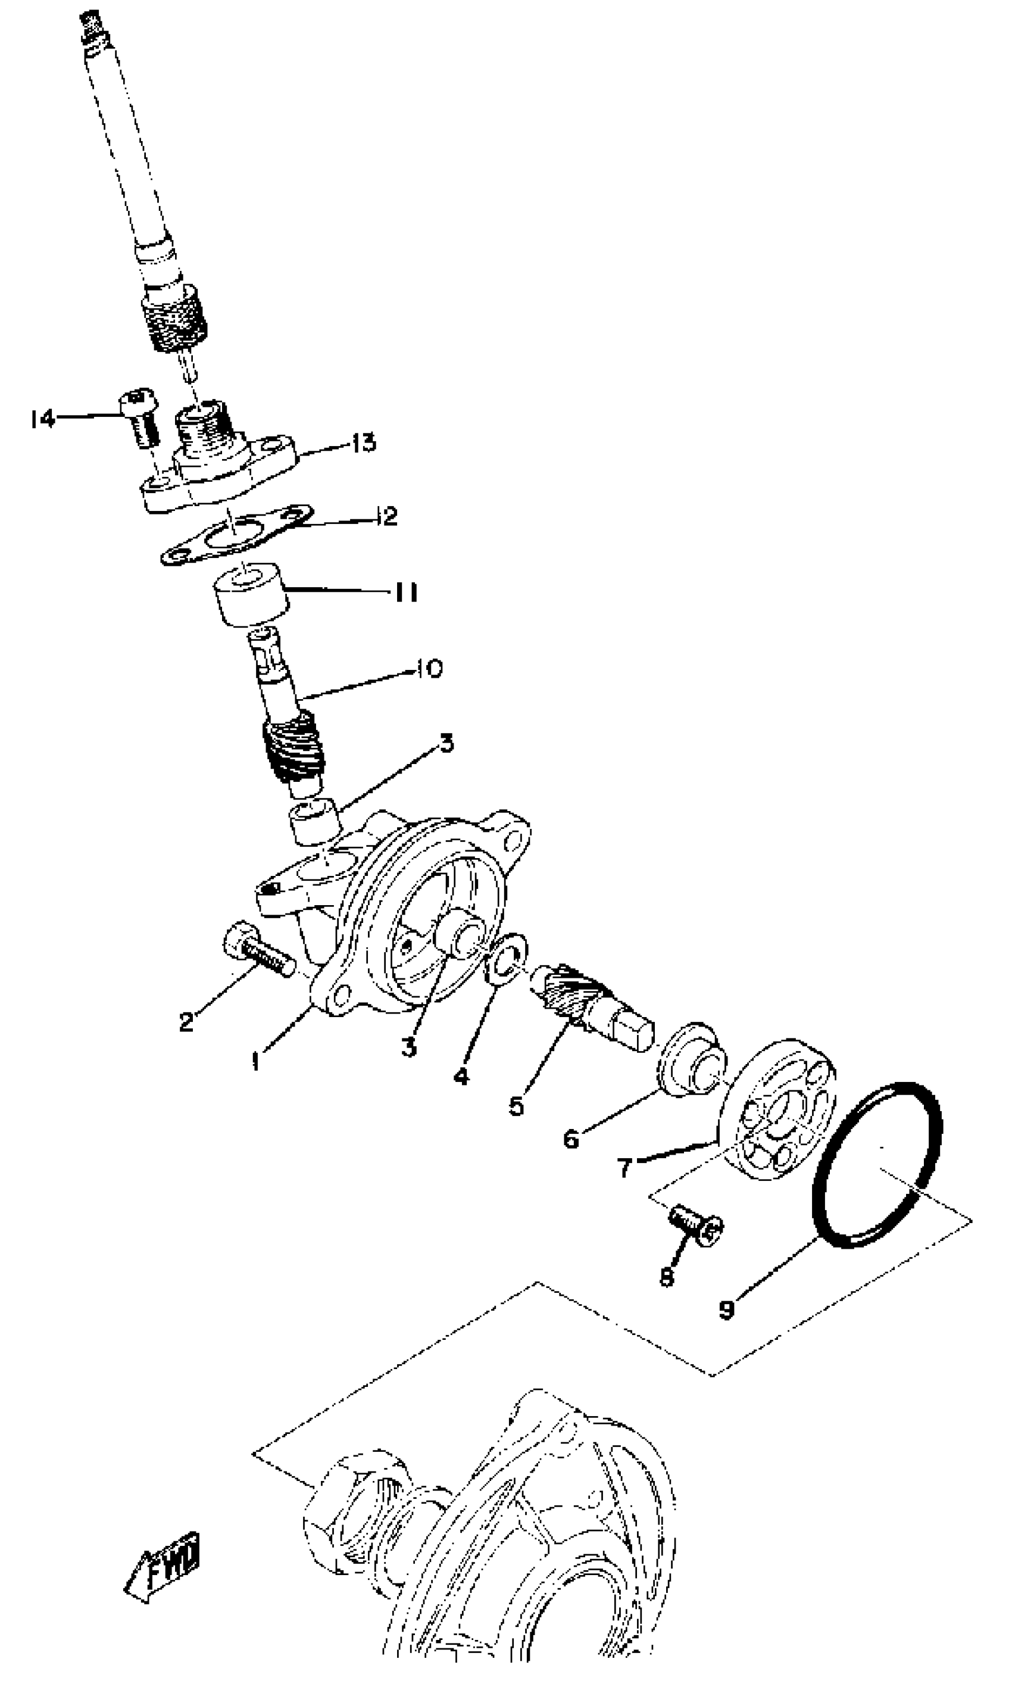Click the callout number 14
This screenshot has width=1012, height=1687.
coord(42,418)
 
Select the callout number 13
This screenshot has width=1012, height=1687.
coord(364,444)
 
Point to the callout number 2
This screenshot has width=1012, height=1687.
coord(186,1021)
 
